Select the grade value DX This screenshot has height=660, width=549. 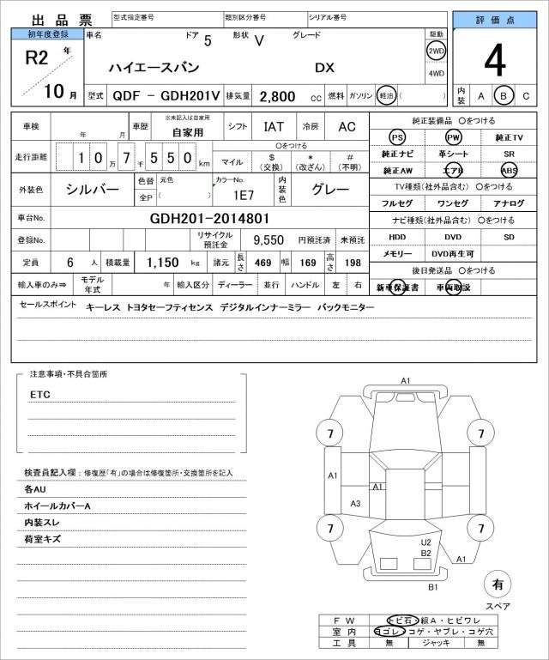point(325,68)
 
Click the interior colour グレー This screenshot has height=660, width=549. point(330,189)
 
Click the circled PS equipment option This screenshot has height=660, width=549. point(397,137)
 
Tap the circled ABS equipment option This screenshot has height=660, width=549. point(509,170)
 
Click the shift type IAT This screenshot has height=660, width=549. point(274,126)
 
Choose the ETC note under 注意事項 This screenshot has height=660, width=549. point(39,394)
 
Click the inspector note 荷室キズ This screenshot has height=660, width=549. point(43,539)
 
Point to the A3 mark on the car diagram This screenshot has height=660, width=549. point(355,504)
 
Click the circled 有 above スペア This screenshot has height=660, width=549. point(497,584)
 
